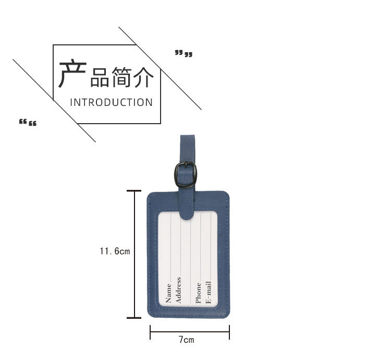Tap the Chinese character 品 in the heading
pos(100,78)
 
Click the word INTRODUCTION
pos(112,102)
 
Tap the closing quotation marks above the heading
pos(184,53)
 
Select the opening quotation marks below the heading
pos(28,123)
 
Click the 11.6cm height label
pos(115,251)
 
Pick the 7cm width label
pos(186,340)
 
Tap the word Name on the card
pos(168,293)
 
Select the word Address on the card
pos(178,290)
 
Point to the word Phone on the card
pos(198,293)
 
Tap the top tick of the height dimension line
pos(134,191)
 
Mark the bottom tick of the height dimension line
pos(134,318)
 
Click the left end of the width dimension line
pos(151,332)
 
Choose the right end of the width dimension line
pos(229,332)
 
